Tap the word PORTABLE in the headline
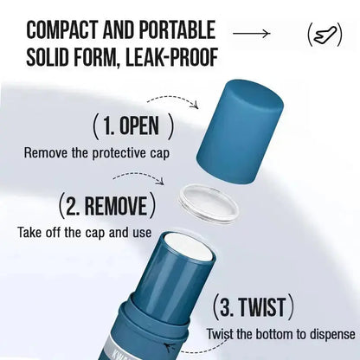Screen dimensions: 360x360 click(177, 29)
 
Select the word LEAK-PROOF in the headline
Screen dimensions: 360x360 click(171, 57)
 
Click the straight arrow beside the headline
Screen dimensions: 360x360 click(251, 34)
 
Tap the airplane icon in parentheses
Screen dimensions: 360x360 click(325, 35)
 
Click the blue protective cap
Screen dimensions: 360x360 click(240, 132)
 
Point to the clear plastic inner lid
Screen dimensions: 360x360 click(209, 203)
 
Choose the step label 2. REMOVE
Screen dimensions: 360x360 click(106, 206)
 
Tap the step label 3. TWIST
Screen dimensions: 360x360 click(253, 306)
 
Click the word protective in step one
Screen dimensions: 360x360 click(119, 153)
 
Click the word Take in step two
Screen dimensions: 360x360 click(28, 232)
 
